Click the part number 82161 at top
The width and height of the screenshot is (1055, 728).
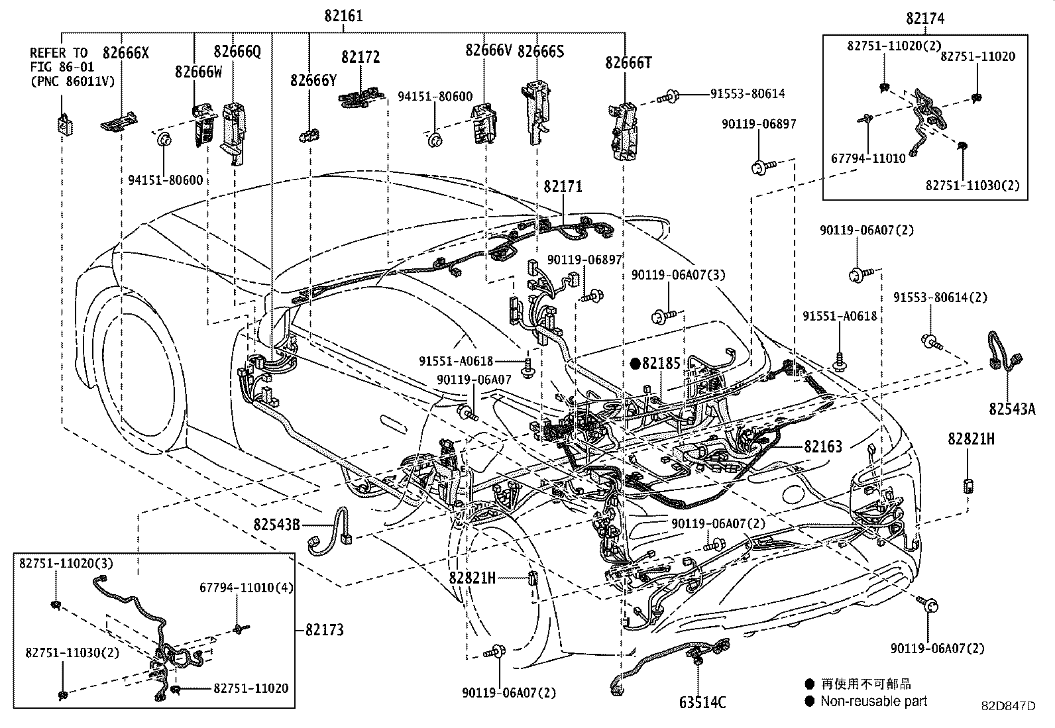(x=343, y=16)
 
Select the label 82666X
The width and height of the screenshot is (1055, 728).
(x=125, y=53)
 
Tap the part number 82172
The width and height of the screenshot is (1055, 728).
(x=361, y=58)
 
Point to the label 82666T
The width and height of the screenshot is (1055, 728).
(x=628, y=63)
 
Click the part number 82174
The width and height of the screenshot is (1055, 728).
(x=925, y=19)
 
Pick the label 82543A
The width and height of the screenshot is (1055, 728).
(x=1012, y=409)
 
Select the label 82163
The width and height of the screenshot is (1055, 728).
(x=823, y=447)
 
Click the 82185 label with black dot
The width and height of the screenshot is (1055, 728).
(x=661, y=363)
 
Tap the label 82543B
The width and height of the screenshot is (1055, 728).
(x=276, y=525)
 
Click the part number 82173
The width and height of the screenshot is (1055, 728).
(x=325, y=629)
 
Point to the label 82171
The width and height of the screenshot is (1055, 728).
(x=563, y=187)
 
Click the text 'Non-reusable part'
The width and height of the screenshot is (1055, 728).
(x=873, y=701)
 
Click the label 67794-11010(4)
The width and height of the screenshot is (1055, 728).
(x=247, y=588)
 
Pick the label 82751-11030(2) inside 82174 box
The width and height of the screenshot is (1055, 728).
(x=972, y=185)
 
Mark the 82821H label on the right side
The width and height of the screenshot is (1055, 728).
(x=970, y=439)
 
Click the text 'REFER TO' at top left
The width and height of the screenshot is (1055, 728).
(x=58, y=53)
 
